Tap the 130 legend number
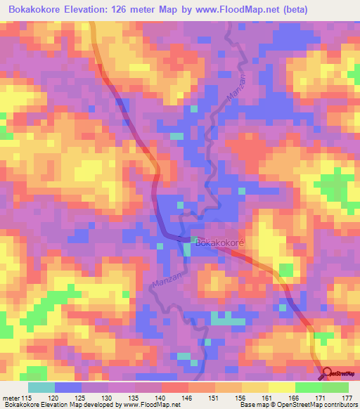click(108, 397)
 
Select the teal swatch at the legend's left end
click(41, 387)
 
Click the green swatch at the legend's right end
click(335, 387)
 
